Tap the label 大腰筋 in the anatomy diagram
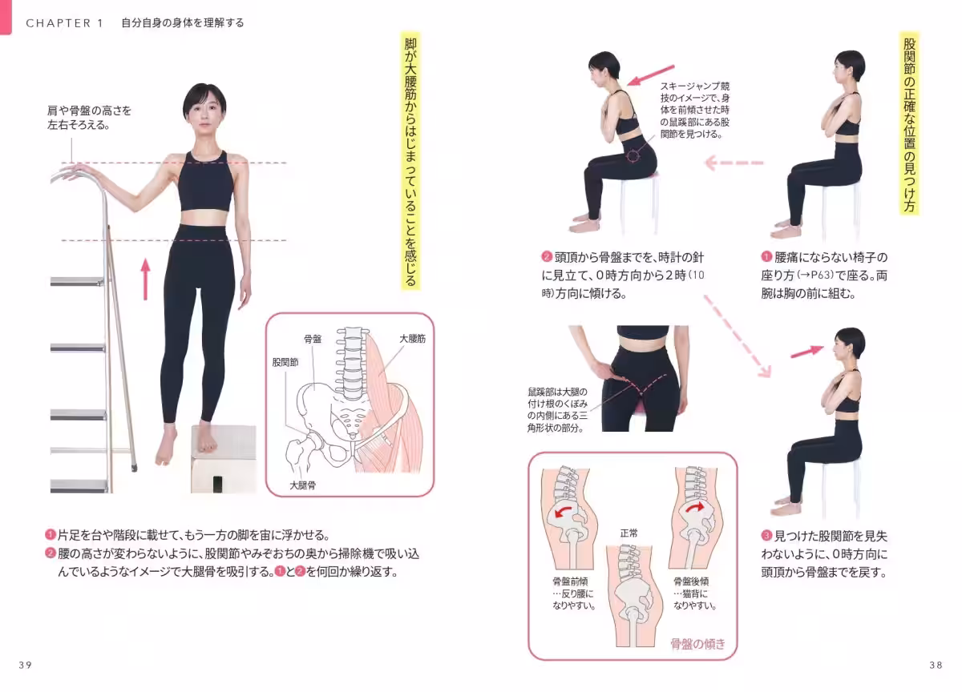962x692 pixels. (412, 339)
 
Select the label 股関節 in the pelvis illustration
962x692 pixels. (285, 362)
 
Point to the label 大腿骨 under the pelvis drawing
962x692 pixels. (302, 486)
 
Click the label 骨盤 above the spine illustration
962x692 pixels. (313, 339)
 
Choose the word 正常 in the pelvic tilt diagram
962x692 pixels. (629, 533)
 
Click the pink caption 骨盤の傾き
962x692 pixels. (697, 643)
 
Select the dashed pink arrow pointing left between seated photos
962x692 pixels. (734, 163)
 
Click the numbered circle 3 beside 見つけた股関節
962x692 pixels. (766, 535)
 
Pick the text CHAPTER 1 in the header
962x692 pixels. (64, 23)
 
